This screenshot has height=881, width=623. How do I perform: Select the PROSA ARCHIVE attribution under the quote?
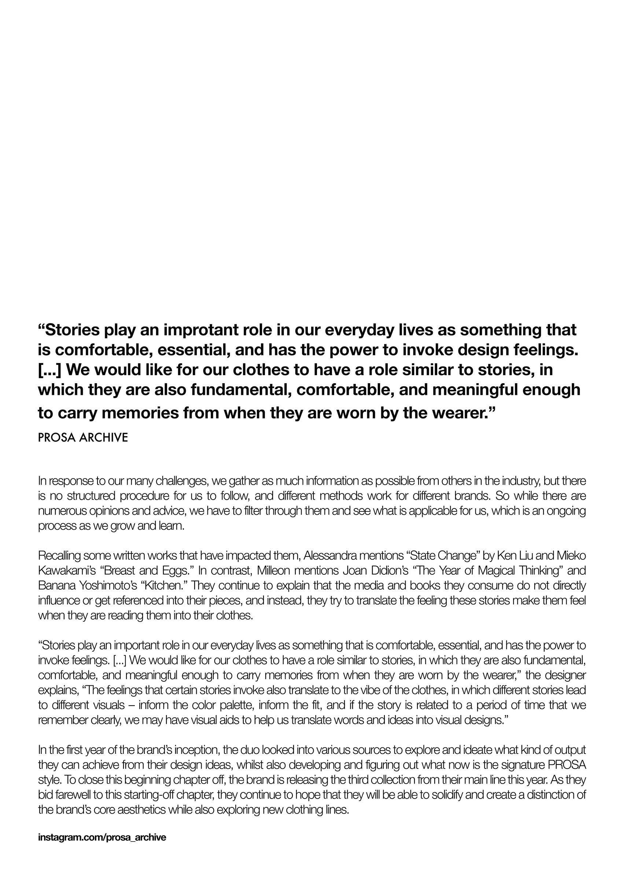point(83,438)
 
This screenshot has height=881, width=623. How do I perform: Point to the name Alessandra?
point(337,555)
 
